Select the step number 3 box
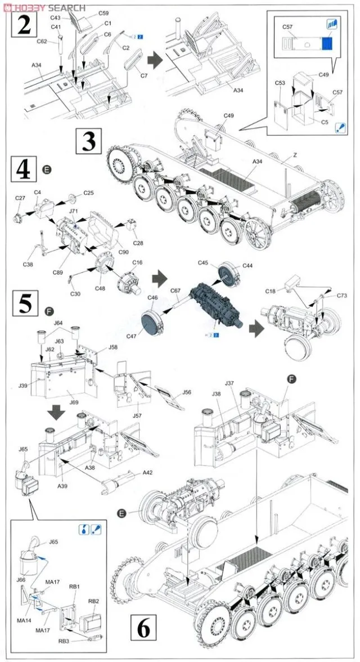(89, 141)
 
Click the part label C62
(41, 41)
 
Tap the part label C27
(20, 198)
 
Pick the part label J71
(74, 211)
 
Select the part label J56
(187, 392)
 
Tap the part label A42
(148, 473)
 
